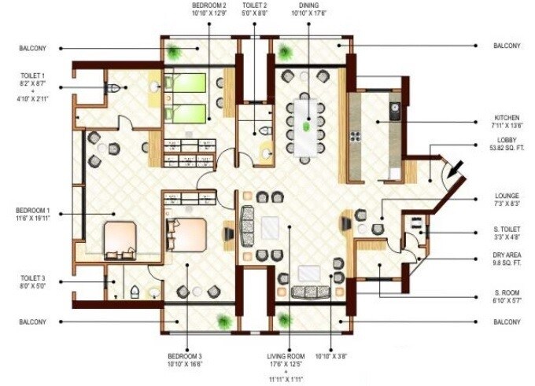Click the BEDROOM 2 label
pyautogui.click(x=208, y=5)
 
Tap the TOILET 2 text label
pyautogui.click(x=253, y=5)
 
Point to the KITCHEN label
pyautogui.click(x=507, y=118)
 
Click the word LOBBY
pyautogui.click(x=507, y=140)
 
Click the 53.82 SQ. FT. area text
pyautogui.click(x=507, y=148)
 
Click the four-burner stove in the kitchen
pyautogui.click(x=354, y=135)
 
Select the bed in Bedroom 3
pyautogui.click(x=187, y=233)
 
